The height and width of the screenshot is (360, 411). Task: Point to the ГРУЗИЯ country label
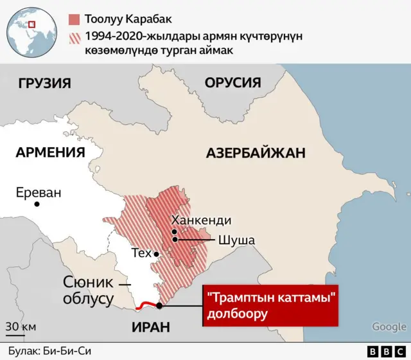point(44,83)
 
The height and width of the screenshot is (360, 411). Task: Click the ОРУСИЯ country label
point(232,83)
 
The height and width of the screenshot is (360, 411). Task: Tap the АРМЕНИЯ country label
point(50,152)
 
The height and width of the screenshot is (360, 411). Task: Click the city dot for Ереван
point(38,204)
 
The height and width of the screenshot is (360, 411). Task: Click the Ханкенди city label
point(201,220)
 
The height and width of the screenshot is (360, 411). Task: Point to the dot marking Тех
point(156,254)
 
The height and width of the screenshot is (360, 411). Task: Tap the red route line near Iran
point(147,305)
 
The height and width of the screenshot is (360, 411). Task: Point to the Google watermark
point(389,327)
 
